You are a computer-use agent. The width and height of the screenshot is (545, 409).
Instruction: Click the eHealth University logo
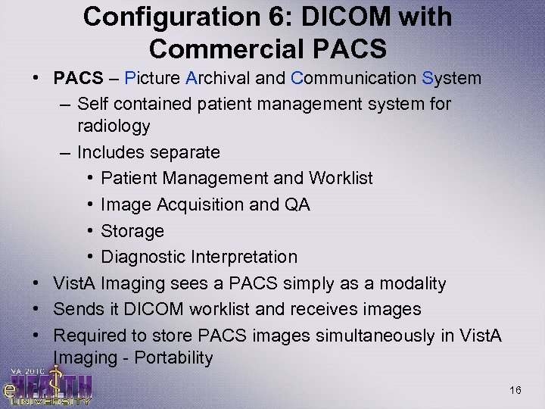48,382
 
